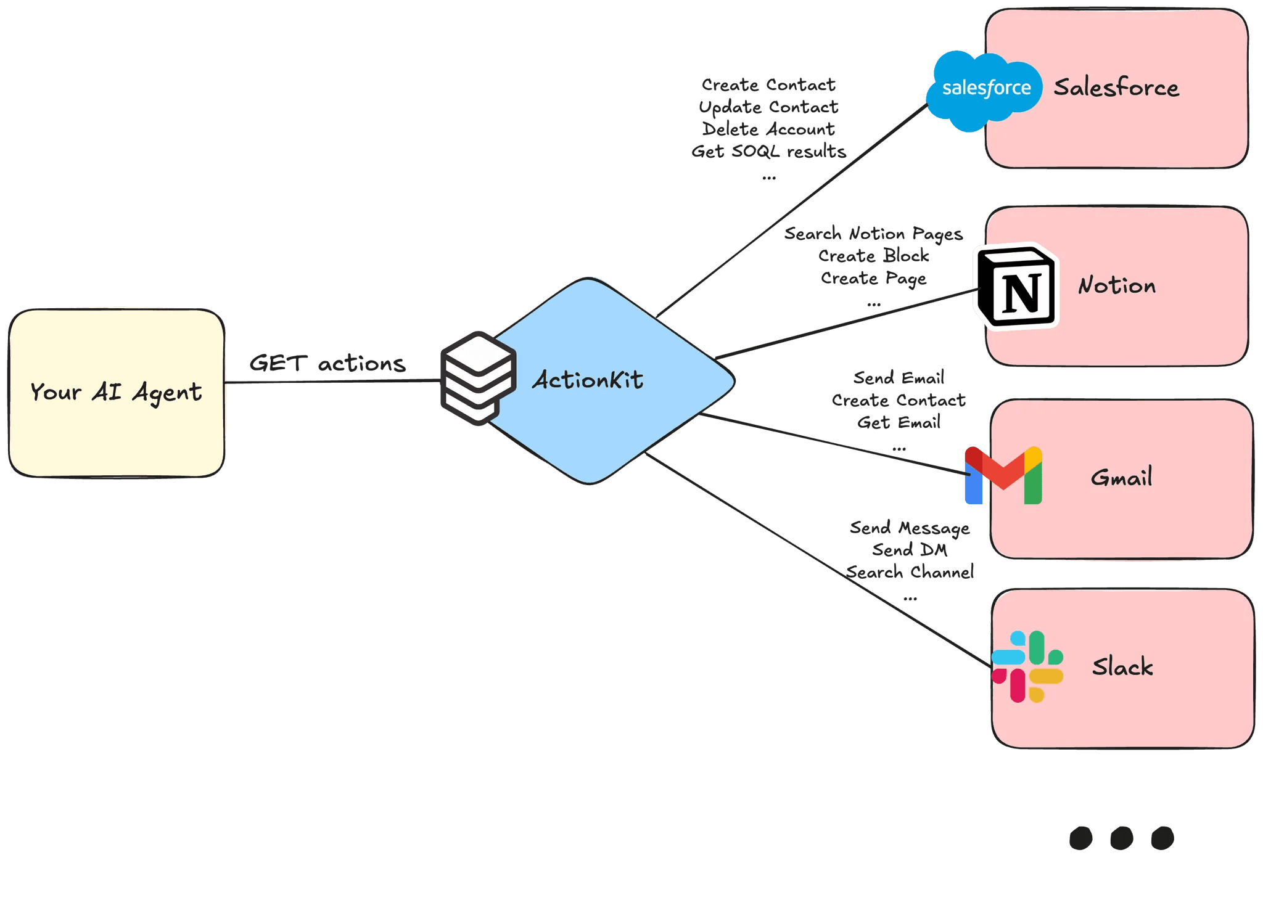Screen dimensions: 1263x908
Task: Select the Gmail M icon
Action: pos(1003,475)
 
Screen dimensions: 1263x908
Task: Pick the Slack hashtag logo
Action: pos(1027,666)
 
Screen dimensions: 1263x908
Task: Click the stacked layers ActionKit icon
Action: pos(479,378)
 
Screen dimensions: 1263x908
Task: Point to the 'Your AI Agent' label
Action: pos(116,393)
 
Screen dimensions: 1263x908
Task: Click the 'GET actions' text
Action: pos(327,363)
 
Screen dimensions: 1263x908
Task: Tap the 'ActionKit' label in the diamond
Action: pos(588,380)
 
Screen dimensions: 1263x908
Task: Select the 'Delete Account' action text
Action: pos(768,129)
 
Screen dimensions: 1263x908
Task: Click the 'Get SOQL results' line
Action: pos(768,151)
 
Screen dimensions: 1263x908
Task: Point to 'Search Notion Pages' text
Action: pos(873,234)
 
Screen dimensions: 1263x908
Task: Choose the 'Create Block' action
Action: pos(873,255)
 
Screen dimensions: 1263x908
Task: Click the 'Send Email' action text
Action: pos(899,377)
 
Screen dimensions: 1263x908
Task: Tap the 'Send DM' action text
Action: pos(910,549)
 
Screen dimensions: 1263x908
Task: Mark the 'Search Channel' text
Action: pos(910,572)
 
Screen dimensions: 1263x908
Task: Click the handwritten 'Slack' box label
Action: pos(1122,666)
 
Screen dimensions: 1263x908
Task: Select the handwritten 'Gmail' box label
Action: pos(1121,477)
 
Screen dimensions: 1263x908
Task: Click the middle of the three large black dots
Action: pos(1121,838)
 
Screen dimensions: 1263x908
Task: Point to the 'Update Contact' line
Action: pos(768,107)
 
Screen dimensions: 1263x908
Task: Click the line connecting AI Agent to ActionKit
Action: pos(332,382)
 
